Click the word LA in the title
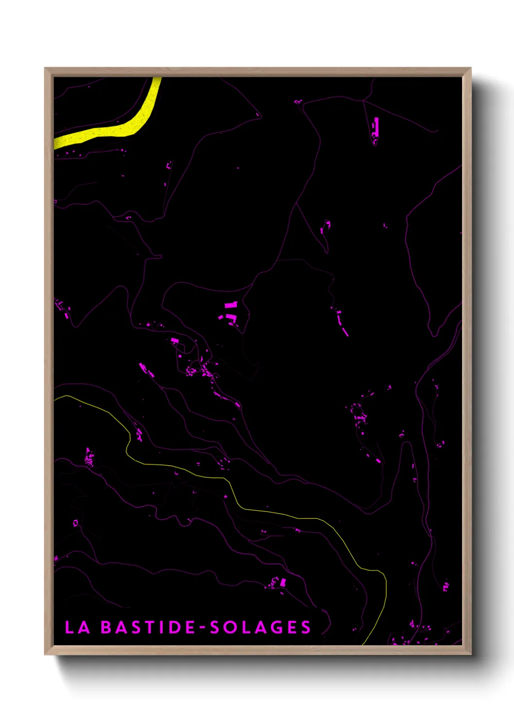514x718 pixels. pyautogui.click(x=77, y=627)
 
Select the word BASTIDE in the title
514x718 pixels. pyautogui.click(x=148, y=627)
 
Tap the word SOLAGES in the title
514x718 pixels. pyautogui.click(x=260, y=627)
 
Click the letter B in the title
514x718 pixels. pyautogui.click(x=106, y=627)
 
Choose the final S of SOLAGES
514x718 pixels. pyautogui.click(x=306, y=627)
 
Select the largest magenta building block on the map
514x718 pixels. pyautogui.click(x=231, y=305)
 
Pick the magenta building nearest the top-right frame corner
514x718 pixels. pyautogui.click(x=376, y=126)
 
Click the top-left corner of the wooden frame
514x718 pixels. pyautogui.click(x=45, y=68)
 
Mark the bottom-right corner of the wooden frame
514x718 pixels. pyautogui.click(x=470, y=654)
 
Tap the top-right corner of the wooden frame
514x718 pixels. pyautogui.click(x=470, y=68)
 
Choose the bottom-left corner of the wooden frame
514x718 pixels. pyautogui.click(x=45, y=654)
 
